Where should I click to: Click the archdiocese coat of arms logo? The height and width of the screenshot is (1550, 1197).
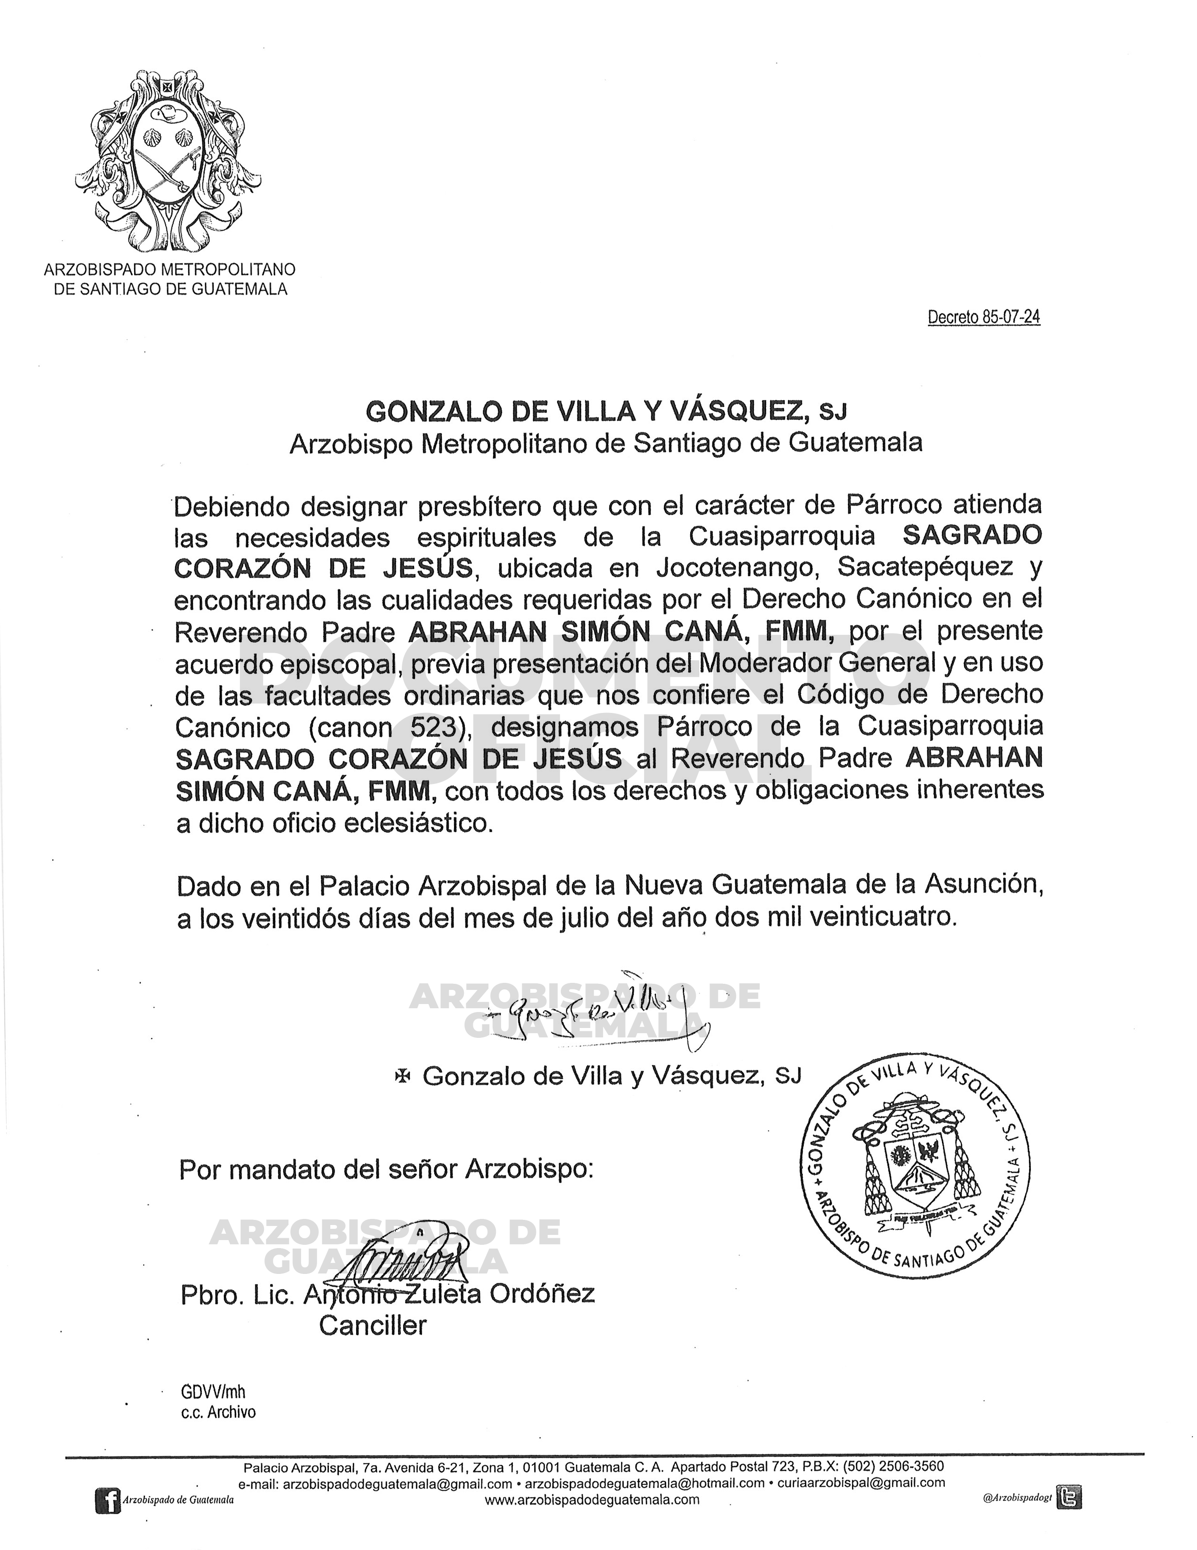(x=169, y=161)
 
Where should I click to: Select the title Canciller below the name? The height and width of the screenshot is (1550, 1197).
(x=373, y=1325)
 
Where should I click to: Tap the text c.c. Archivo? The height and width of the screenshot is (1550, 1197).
(x=218, y=1412)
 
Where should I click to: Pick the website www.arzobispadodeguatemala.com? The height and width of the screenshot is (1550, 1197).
(x=592, y=1500)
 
